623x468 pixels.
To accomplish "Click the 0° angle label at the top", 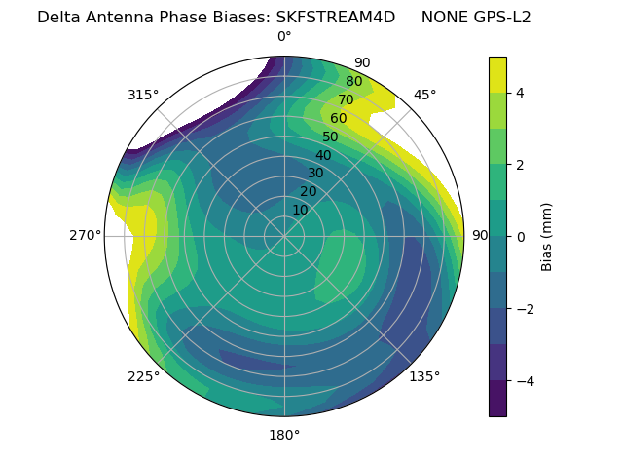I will pos(284,37).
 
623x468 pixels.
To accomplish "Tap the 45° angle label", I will pos(424,95).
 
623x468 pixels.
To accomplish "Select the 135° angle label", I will pos(424,376).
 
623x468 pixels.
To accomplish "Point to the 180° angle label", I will pos(284,435).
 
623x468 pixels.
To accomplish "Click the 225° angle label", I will pos(143,376).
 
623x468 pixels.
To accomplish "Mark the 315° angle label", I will pos(143,95).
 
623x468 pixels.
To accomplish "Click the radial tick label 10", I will pos(300,210).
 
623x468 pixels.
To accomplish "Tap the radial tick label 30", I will pos(315,174).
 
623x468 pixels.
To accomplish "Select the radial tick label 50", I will pos(331,137).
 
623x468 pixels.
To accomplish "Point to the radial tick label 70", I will pos(346,100).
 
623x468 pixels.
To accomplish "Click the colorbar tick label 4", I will pos(521,93).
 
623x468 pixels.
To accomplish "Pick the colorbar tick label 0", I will pos(521,237).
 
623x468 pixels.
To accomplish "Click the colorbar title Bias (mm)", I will pos(547,237).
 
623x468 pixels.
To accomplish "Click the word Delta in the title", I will pos(57,17).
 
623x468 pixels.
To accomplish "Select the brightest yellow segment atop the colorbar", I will pos(497,74).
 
